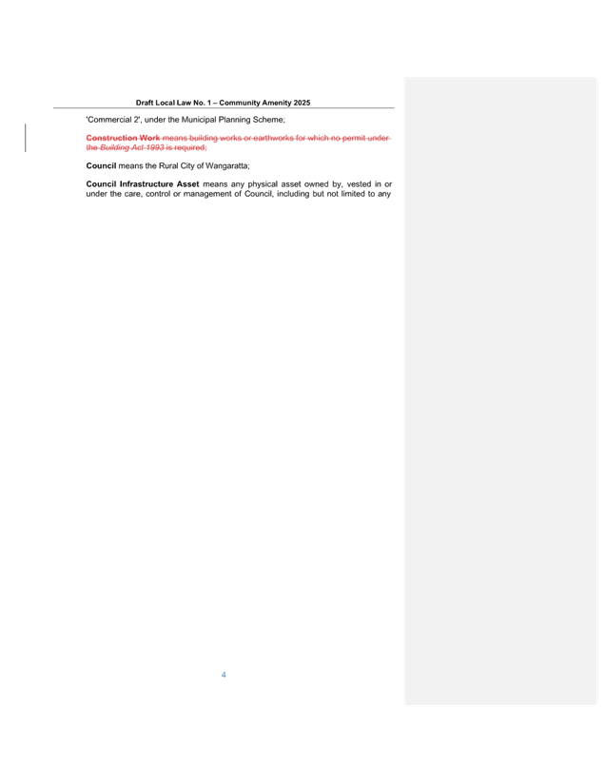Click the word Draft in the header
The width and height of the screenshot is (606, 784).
144,103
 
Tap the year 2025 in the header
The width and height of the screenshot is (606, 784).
302,103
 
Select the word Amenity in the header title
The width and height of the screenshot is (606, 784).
277,103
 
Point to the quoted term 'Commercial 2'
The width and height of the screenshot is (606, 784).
113,120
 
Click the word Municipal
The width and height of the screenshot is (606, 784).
199,120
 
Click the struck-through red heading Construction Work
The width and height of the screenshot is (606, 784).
123,138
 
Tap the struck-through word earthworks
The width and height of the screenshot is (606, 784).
273,138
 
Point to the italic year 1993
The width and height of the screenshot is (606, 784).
155,147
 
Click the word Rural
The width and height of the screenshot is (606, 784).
168,166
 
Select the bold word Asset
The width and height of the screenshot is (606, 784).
187,184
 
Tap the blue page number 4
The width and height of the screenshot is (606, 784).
224,675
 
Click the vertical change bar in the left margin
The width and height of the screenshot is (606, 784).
26,138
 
